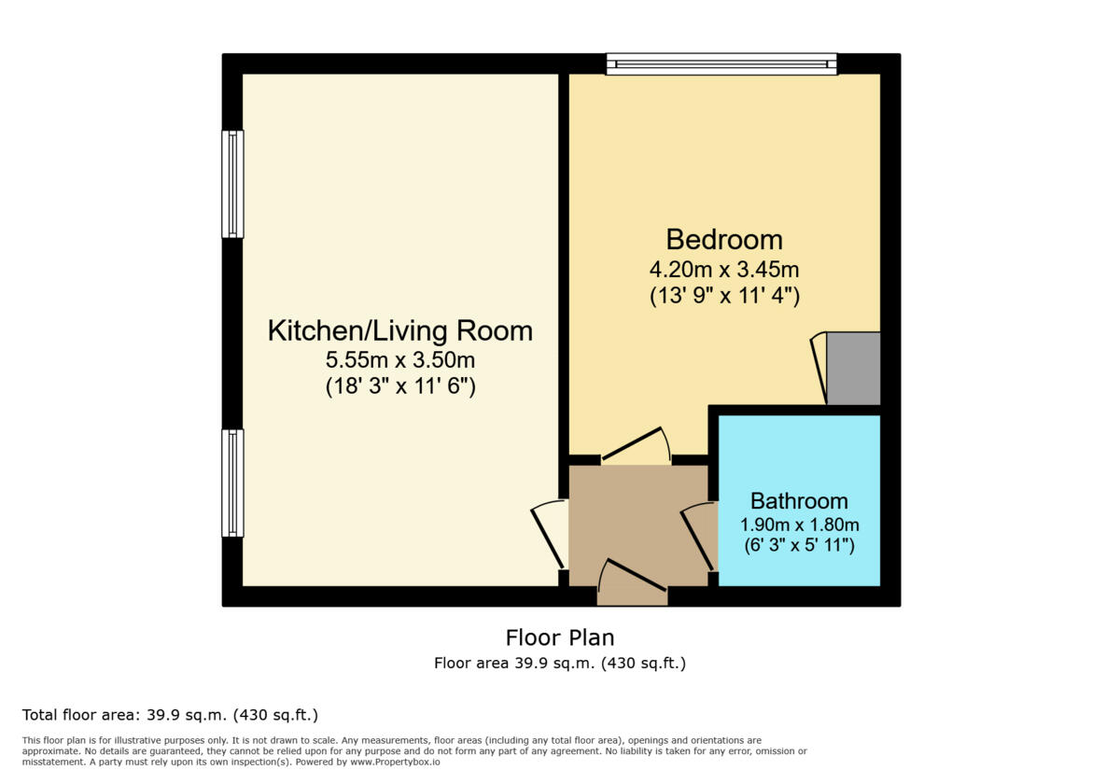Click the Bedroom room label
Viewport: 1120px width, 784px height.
point(723,239)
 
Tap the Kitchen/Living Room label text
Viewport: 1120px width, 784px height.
point(399,330)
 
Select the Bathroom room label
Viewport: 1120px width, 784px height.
point(799,501)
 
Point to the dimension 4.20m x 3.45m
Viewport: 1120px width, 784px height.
point(723,271)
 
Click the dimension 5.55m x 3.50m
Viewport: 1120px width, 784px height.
point(399,360)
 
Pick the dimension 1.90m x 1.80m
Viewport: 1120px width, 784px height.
point(799,525)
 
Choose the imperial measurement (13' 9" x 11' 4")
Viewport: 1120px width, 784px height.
point(723,297)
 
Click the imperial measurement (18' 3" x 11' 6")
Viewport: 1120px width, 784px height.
point(399,385)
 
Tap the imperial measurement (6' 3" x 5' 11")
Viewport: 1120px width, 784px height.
point(799,545)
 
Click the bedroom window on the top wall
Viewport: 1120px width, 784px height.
point(721,64)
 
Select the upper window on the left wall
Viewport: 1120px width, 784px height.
point(232,184)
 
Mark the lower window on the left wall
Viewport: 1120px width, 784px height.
point(232,483)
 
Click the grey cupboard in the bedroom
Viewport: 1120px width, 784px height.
point(853,369)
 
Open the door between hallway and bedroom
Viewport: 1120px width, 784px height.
point(637,445)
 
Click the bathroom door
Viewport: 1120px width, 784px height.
point(699,536)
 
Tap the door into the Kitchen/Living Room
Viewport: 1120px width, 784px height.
point(550,534)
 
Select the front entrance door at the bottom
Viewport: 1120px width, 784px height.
point(632,582)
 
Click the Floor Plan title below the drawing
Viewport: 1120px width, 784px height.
point(560,638)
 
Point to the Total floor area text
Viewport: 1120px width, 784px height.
point(170,716)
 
